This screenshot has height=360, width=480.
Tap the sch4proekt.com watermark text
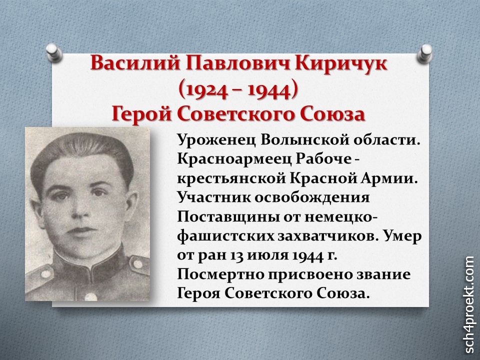tap(469, 304)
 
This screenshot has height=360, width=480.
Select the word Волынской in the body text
tap(305, 140)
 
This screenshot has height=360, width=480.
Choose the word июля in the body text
tap(267, 256)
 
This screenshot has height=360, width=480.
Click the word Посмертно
tap(220, 275)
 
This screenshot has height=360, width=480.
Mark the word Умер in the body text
tap(403, 236)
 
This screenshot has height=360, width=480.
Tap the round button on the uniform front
tap(90, 296)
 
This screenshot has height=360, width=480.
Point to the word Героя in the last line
tap(198, 294)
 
